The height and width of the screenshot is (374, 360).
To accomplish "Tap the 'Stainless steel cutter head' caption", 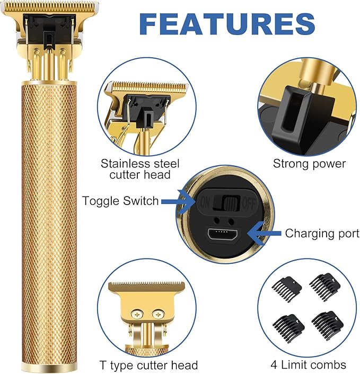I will click(140, 168).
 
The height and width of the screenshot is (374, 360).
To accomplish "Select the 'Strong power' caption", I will click(309, 163).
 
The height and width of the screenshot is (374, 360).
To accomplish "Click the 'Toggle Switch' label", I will click(120, 201).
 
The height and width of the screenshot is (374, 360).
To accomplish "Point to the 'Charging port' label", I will click(322, 233).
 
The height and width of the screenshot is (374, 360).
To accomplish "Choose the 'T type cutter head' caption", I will click(148, 365).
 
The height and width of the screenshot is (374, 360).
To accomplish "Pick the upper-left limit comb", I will click(287, 287).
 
